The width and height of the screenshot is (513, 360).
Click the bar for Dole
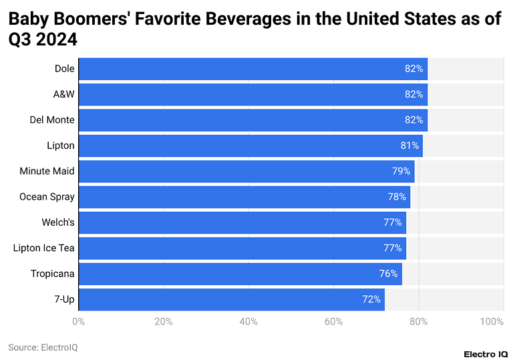tap(252, 69)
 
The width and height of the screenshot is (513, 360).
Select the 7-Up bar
tap(231, 299)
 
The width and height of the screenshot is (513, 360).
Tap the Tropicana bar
tap(240, 274)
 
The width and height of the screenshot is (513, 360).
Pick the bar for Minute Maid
tap(246, 171)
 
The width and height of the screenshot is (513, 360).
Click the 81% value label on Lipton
tap(410, 146)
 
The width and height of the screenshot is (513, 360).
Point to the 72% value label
tap(371, 299)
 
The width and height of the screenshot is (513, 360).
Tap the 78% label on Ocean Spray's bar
tap(397, 197)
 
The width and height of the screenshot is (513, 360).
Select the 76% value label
tap(389, 274)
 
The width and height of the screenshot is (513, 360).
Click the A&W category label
tap(64, 94)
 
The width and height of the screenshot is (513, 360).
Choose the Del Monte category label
tap(52, 120)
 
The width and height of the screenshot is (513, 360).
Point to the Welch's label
tap(58, 222)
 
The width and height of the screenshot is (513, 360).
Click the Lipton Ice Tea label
tap(44, 248)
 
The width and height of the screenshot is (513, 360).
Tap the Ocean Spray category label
tap(47, 197)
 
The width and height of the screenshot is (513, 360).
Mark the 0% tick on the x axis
tap(78, 322)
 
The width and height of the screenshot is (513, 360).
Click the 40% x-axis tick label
tap(248, 322)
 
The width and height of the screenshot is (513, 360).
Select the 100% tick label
tap(492, 322)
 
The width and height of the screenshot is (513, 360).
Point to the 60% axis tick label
tap(333, 322)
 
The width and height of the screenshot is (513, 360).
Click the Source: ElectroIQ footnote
tap(43, 347)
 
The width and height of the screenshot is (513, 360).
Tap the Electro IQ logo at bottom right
tap(482, 353)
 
